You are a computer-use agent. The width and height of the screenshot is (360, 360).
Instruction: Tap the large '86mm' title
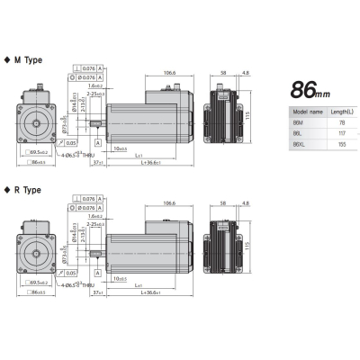(x=315, y=90)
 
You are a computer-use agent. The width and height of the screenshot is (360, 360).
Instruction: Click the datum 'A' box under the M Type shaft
(x=79, y=141)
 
